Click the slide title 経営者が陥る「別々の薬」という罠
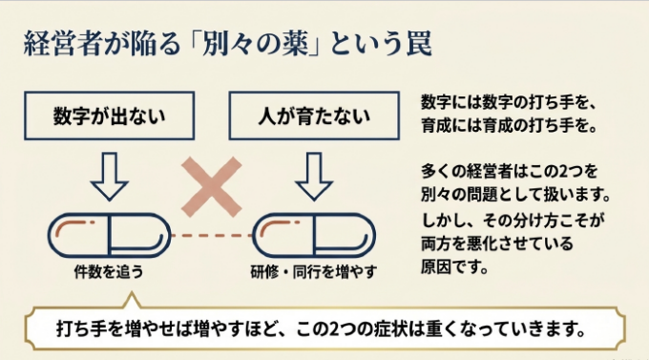click(x=228, y=44)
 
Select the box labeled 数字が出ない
click(x=109, y=116)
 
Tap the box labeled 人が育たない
click(x=314, y=116)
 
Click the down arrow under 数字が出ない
click(x=109, y=176)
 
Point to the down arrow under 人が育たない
click(x=314, y=176)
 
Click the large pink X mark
click(x=212, y=187)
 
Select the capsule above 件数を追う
click(x=109, y=235)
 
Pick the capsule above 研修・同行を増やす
click(x=314, y=235)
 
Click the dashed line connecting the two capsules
click(x=212, y=235)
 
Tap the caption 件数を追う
click(x=109, y=272)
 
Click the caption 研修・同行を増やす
click(x=314, y=272)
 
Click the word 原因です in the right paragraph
click(x=454, y=266)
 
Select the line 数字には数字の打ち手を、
click(x=509, y=102)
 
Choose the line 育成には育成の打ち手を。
click(x=509, y=125)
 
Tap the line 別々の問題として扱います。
click(x=515, y=194)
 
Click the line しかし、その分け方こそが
click(x=513, y=220)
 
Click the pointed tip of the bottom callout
click(x=132, y=292)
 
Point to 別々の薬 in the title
click(x=256, y=44)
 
